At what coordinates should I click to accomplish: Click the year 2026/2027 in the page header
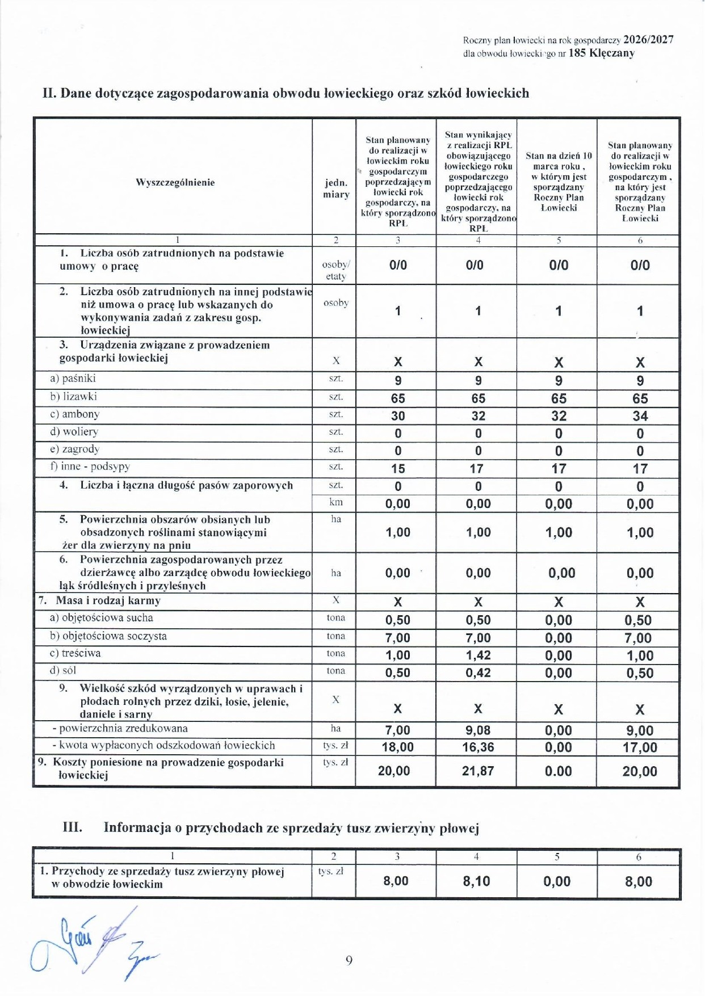point(648,40)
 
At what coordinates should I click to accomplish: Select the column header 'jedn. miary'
point(336,188)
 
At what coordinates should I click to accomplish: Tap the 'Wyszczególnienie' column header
point(175,182)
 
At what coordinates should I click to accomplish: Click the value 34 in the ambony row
point(640,416)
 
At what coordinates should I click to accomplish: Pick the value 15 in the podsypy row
point(398,469)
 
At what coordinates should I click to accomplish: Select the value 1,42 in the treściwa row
point(478,655)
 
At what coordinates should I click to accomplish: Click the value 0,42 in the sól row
point(478,673)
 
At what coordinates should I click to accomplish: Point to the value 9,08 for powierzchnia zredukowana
point(478,730)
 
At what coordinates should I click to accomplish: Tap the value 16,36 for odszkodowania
point(478,747)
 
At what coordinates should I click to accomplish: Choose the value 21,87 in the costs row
point(478,771)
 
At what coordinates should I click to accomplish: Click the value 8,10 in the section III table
point(476,881)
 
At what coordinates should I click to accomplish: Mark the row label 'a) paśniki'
point(73,379)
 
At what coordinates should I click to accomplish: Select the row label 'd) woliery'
point(74,432)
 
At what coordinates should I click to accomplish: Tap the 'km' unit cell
point(336,502)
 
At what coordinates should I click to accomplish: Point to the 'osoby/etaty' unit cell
point(336,270)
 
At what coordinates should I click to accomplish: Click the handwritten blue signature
point(91,943)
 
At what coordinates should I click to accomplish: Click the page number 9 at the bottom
point(349,960)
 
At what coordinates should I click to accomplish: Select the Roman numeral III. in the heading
point(72,827)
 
